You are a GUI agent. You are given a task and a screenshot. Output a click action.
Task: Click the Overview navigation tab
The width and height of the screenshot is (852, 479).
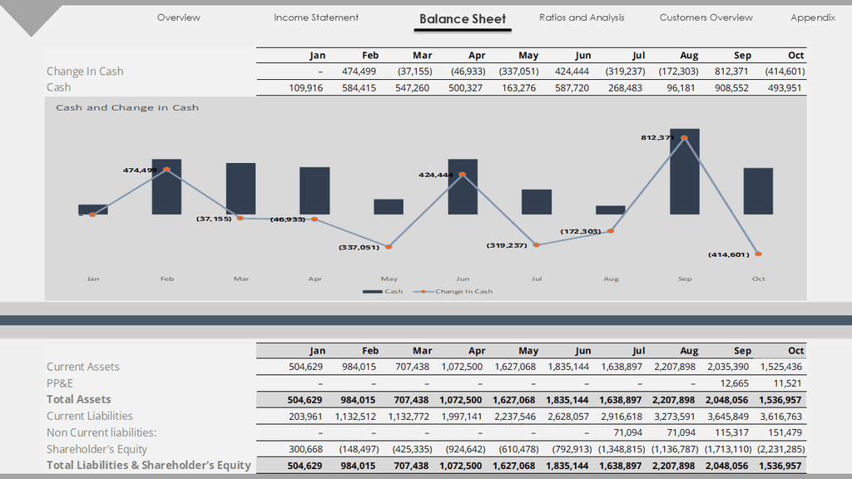[178, 17]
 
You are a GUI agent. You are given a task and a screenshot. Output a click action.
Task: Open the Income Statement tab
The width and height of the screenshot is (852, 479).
[316, 17]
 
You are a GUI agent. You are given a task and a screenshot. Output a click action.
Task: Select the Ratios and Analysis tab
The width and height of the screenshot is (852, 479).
[582, 17]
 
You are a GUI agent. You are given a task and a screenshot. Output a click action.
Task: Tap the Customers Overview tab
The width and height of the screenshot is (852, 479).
[706, 17]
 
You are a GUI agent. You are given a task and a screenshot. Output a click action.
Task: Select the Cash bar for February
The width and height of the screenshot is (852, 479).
[166, 187]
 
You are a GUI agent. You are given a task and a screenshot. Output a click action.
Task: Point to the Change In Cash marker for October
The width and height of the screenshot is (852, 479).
[758, 254]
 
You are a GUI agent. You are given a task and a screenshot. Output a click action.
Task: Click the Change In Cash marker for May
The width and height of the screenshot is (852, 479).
[389, 246]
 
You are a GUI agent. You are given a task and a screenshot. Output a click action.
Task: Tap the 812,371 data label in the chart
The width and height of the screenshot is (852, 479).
[657, 137]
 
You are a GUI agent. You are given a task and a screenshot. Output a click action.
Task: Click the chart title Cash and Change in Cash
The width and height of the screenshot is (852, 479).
[127, 107]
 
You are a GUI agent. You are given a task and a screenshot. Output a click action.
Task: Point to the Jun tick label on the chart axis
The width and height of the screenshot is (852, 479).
[463, 279]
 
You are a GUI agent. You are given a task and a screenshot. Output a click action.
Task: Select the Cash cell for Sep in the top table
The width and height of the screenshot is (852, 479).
[732, 87]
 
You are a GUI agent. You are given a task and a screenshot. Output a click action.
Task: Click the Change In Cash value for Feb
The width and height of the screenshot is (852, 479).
[359, 72]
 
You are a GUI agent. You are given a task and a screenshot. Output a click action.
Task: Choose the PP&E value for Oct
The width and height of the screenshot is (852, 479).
[786, 383]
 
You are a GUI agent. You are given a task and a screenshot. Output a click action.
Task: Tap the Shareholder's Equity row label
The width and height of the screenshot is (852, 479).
[97, 449]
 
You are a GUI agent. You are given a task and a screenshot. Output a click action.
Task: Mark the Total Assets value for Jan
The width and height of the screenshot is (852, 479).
[305, 399]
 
